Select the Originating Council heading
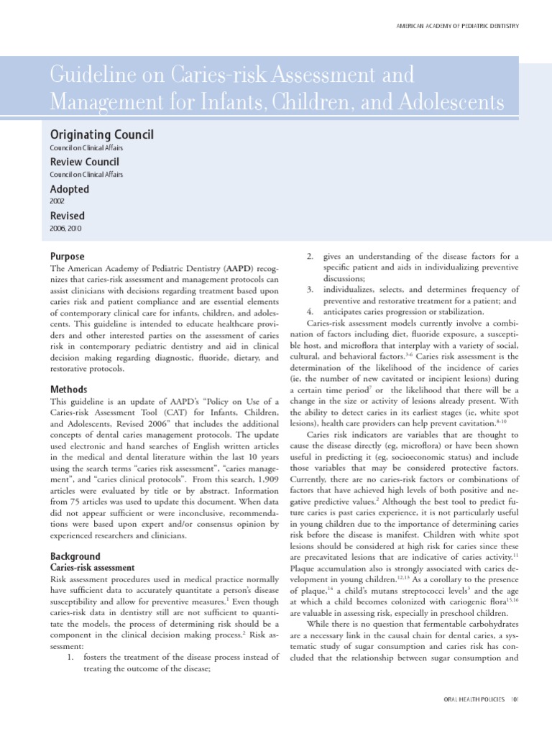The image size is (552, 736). coord(101,134)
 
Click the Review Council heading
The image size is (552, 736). coord(84,162)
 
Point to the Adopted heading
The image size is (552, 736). coord(69,189)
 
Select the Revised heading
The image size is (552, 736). coord(67,216)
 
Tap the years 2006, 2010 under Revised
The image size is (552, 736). coord(65,229)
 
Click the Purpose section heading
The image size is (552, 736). coord(67,257)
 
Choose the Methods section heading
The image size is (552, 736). coord(69,389)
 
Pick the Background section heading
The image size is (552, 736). coord(75,556)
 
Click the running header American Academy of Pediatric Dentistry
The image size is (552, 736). coord(458,26)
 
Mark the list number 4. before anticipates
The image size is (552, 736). coord(310,312)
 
